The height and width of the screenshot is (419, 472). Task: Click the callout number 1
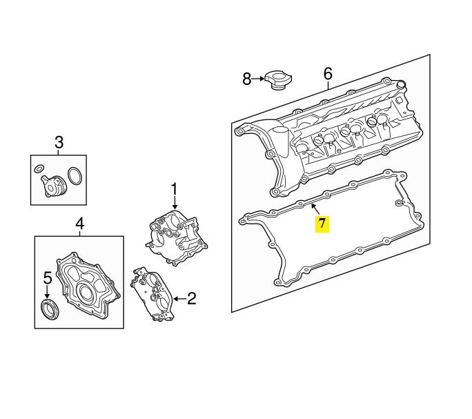coord(175,189)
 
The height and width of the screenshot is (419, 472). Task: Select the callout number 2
coord(192,298)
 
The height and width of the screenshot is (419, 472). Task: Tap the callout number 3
coord(59,142)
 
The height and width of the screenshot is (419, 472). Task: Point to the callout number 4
coord(79,224)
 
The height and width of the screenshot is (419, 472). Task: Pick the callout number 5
coord(48,277)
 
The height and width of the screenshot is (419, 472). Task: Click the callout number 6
coord(328,74)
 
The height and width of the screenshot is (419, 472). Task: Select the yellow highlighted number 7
coord(322,224)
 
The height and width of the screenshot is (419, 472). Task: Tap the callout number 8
coord(246,79)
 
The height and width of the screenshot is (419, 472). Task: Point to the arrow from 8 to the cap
coord(258,79)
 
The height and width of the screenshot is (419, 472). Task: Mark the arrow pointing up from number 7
coord(316,209)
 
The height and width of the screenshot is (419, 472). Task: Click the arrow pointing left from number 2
coord(180,299)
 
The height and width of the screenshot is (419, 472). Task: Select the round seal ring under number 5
coord(50,309)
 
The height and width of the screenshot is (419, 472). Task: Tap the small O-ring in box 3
coord(39,169)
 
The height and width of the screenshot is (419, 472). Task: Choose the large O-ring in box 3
coord(75,175)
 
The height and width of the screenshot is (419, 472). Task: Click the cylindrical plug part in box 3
coord(53,186)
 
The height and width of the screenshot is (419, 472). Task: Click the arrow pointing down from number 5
coord(47,291)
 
